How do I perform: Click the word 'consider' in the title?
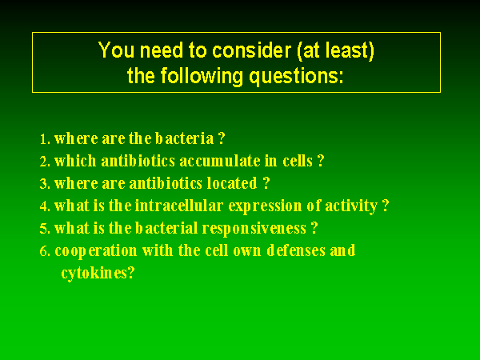[251, 50]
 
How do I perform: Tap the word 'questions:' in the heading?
[296, 77]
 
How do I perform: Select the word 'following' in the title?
[202, 77]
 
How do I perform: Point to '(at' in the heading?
[309, 50]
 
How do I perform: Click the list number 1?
[45, 139]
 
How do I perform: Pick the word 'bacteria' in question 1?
[184, 138]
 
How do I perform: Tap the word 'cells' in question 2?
[298, 161]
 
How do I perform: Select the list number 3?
[45, 184]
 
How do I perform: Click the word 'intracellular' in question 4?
[178, 206]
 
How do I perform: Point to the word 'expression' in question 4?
[265, 206]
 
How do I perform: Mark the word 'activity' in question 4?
[351, 206]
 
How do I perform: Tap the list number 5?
[45, 229]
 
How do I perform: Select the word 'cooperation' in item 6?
[96, 251]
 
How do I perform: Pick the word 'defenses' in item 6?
[296, 250]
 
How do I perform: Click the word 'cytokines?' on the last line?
[98, 273]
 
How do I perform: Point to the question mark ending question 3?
[266, 183]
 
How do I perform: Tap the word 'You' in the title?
[116, 50]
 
